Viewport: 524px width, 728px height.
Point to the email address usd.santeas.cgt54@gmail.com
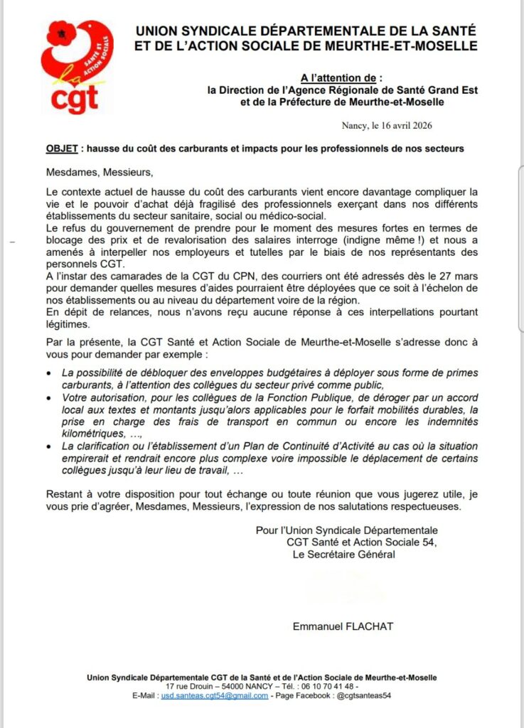[x=215, y=695]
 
